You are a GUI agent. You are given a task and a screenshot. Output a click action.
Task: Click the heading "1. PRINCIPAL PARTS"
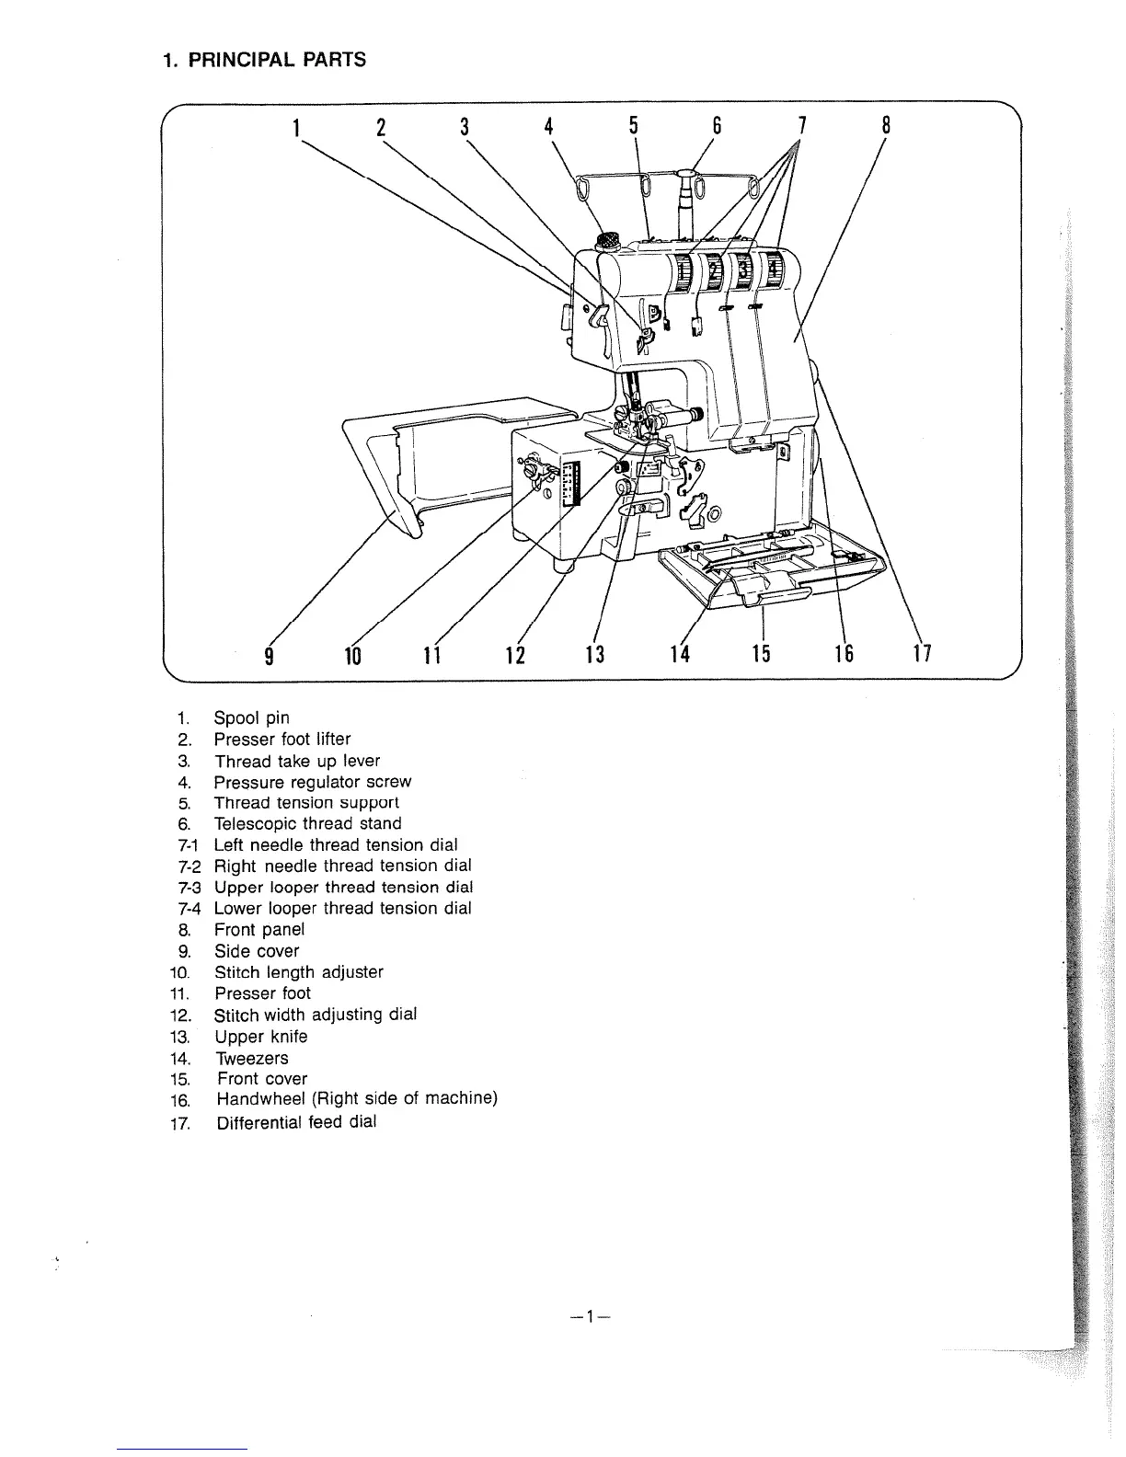264,61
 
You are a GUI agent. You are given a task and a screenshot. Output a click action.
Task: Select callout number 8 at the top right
885,126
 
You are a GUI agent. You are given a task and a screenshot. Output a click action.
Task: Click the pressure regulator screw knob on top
607,242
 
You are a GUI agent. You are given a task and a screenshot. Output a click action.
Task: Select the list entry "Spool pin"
251,718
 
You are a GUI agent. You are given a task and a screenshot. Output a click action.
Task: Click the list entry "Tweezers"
251,1058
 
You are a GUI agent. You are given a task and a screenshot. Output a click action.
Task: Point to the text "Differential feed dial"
296,1122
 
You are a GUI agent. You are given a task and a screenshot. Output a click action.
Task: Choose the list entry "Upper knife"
260,1037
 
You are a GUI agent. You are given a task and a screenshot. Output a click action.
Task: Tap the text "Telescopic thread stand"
307,824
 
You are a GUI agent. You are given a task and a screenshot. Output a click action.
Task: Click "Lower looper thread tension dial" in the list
342,909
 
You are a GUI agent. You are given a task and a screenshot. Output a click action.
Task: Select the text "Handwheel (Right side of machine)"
357,1100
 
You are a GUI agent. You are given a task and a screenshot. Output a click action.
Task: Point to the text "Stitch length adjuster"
298,972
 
